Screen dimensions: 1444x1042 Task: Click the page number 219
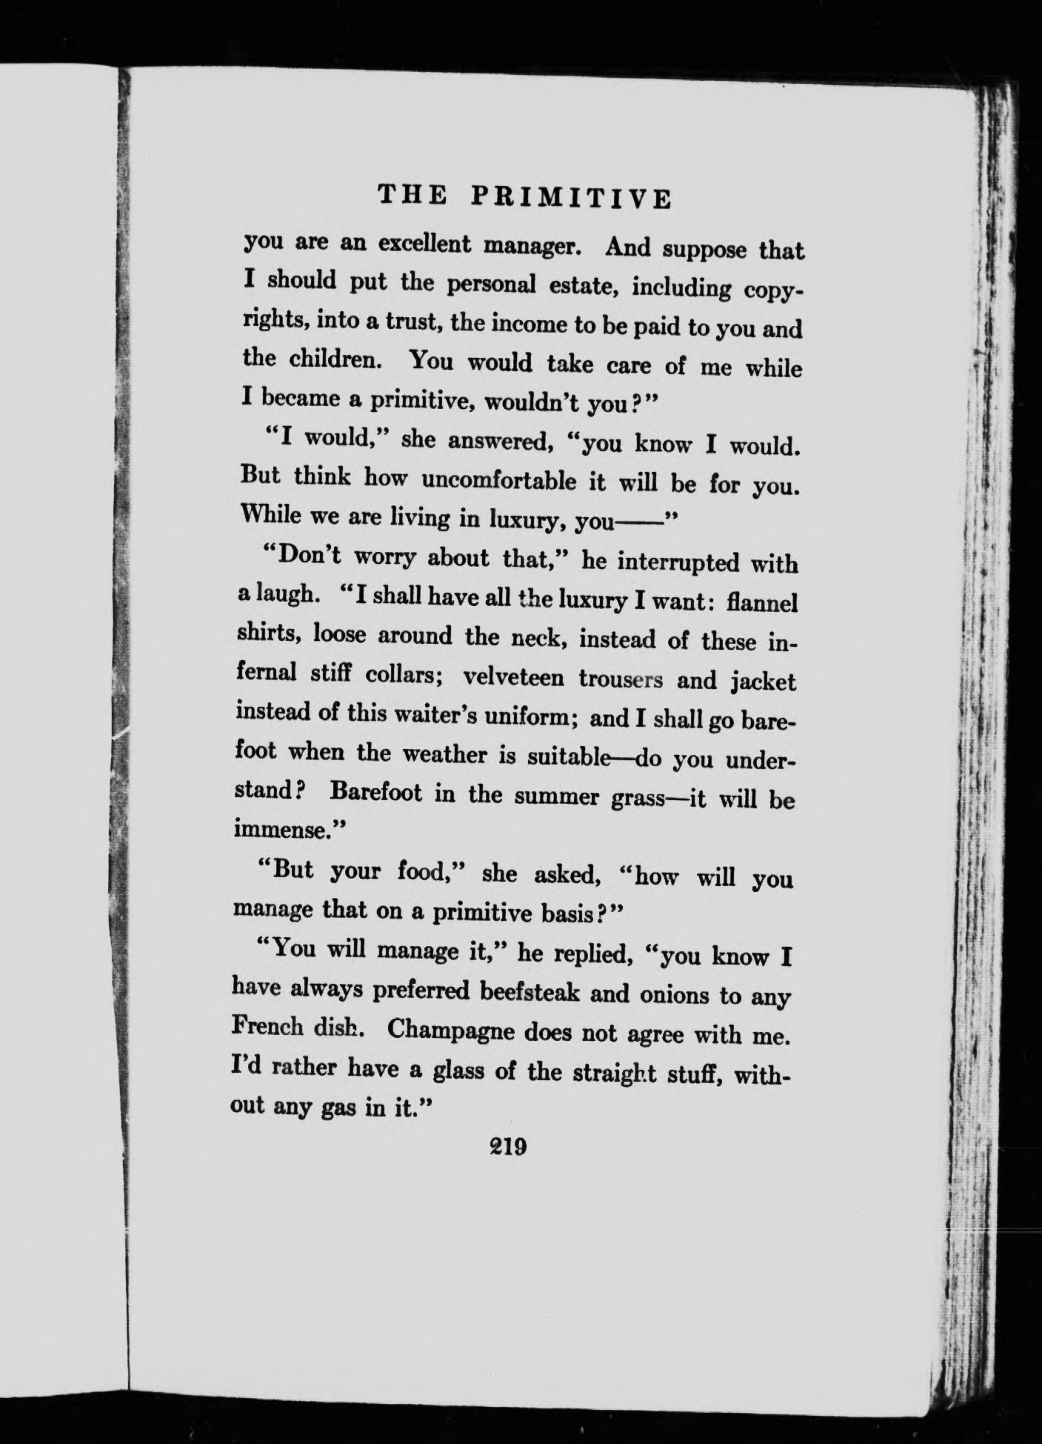(507, 1148)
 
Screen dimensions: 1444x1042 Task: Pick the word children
(336, 360)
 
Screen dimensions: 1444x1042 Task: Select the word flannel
(762, 603)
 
